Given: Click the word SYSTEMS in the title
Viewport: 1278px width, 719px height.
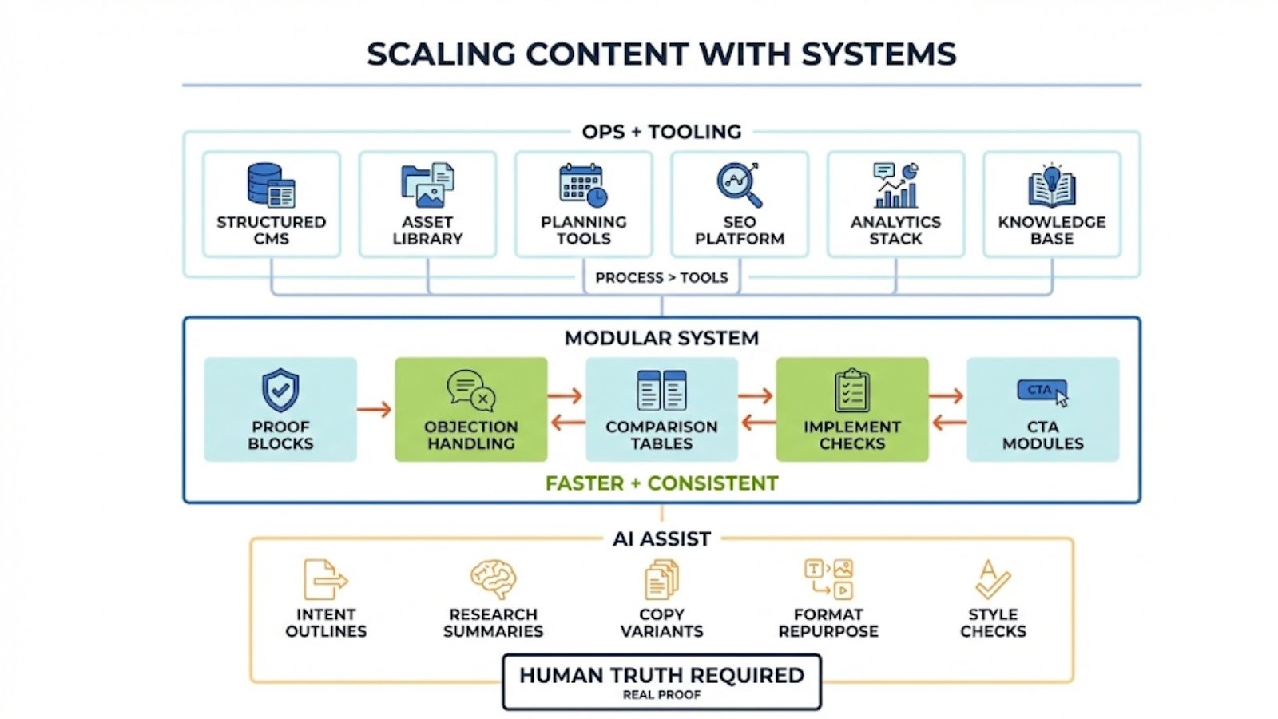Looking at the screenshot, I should point(879,54).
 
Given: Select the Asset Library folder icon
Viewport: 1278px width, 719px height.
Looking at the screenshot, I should point(427,185).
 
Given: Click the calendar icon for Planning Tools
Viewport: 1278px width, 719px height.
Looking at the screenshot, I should point(583,185).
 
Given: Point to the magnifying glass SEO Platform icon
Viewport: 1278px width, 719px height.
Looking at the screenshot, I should point(739,185).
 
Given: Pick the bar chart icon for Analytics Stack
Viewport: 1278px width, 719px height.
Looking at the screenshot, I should point(895,185).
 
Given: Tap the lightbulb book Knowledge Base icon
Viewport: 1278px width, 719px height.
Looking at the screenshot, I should point(1051,185).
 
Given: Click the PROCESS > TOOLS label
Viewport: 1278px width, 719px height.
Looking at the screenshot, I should point(661,278).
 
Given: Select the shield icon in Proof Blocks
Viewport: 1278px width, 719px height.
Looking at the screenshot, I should point(280,390).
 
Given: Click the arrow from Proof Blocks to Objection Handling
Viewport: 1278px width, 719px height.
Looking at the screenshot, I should point(375,410).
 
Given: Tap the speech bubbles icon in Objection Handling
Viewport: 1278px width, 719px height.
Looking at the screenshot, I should point(471,390).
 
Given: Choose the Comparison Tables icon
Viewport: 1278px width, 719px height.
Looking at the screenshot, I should point(661,391).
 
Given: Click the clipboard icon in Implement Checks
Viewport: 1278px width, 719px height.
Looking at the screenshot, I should point(851,391).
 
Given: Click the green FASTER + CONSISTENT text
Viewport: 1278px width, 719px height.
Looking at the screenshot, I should point(661,483).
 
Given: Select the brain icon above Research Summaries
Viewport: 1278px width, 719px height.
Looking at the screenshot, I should point(493,579).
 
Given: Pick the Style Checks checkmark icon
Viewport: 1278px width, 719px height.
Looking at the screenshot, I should point(992,579).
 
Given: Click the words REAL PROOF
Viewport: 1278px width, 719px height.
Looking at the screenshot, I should point(661,695).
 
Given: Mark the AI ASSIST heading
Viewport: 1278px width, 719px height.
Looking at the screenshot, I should point(661,539).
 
